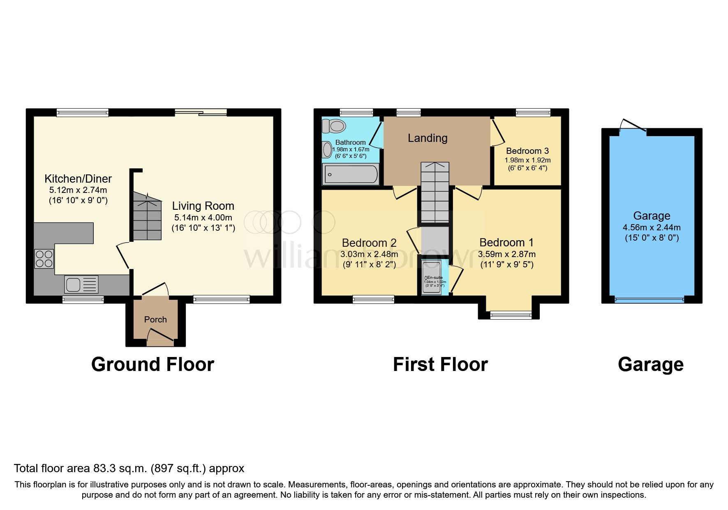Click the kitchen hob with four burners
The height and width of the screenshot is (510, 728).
[44, 259]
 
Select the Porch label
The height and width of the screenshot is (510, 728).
[155, 320]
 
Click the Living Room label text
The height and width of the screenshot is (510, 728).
[203, 206]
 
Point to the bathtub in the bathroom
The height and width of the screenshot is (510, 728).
[351, 174]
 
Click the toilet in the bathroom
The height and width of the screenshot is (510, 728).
[333, 126]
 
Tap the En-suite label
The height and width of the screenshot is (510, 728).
[435, 278]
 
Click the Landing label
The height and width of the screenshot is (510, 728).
[428, 138]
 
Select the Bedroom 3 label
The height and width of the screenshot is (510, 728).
[527, 151]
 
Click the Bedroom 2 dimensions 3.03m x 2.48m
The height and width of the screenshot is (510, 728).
[369, 254]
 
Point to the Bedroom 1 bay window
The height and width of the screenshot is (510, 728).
[510, 315]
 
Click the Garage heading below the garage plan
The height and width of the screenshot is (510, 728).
[650, 364]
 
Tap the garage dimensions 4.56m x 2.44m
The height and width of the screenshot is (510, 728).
[652, 227]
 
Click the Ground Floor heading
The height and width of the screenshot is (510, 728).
[153, 364]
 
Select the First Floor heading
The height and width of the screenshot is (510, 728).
[440, 364]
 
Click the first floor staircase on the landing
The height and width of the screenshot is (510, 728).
[434, 193]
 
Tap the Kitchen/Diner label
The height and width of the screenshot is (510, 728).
[78, 179]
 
